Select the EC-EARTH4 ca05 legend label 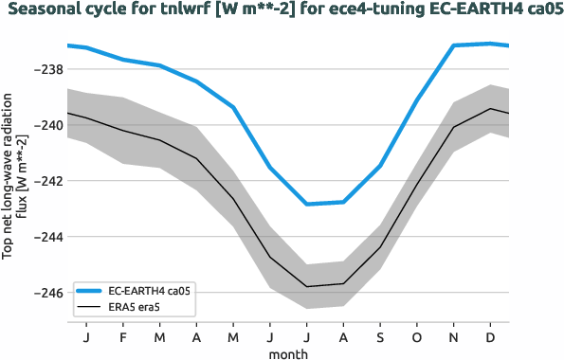tap(150, 291)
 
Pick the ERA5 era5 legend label tap(138, 308)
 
